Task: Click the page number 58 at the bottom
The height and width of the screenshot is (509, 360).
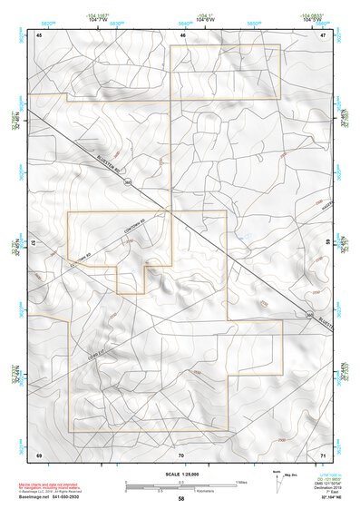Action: click(x=181, y=498)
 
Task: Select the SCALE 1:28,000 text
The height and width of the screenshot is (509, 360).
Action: click(x=180, y=474)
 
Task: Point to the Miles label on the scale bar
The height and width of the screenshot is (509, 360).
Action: click(x=241, y=482)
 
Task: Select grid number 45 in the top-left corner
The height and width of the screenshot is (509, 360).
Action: click(x=40, y=34)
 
